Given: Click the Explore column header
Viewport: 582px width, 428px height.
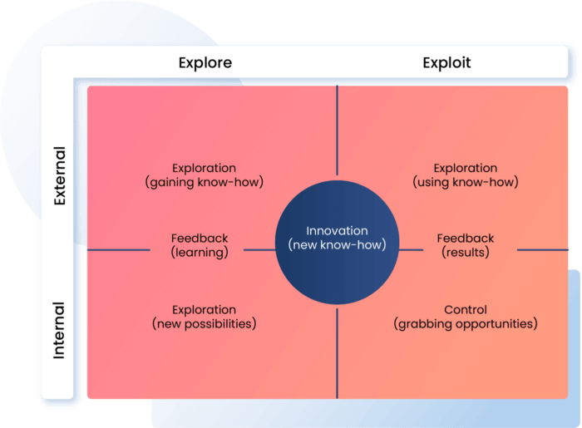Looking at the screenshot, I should (x=205, y=62).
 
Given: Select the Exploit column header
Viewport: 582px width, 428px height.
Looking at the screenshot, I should (x=446, y=62).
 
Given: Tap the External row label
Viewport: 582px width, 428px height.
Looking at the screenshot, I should (x=59, y=175).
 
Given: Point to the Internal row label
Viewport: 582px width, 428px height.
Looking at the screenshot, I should (x=59, y=329).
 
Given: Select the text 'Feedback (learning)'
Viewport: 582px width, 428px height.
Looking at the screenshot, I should (x=200, y=244).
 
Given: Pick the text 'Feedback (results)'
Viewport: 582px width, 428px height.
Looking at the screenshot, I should (x=466, y=244).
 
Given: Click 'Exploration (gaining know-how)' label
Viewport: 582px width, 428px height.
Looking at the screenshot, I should (x=204, y=175).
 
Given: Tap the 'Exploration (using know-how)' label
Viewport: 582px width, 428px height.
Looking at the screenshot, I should (x=466, y=175).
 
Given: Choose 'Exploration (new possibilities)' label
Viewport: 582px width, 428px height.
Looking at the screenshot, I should (x=204, y=316).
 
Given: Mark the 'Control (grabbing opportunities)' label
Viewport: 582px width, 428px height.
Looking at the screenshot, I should (x=466, y=316).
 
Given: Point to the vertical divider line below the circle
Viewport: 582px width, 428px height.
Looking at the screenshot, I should (x=337, y=353).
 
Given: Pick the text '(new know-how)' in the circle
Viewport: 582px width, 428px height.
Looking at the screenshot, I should (x=343, y=245).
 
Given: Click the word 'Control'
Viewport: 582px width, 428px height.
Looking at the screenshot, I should (x=466, y=309).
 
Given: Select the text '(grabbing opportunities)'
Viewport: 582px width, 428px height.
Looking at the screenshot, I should (x=466, y=323).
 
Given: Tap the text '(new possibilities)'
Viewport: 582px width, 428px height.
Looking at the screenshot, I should (x=204, y=323).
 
